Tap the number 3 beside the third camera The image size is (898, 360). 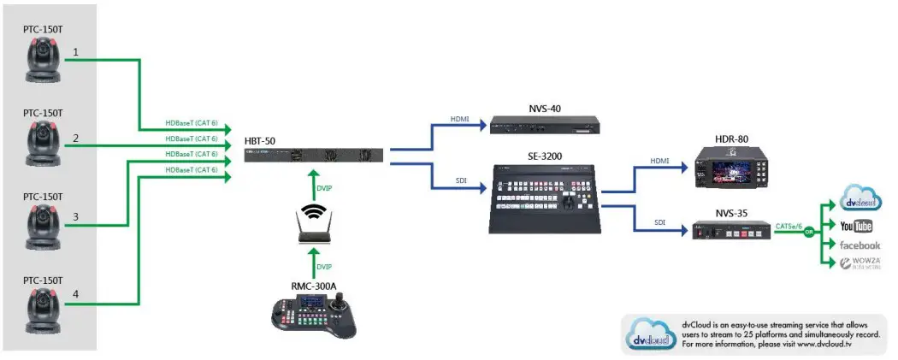[x=75, y=217]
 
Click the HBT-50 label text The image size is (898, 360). [x=260, y=140]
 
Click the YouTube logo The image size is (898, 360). [x=855, y=226]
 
